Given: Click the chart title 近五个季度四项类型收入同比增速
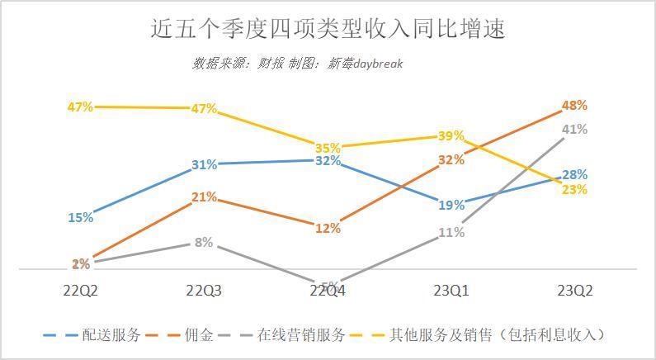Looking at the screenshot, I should coord(328,29).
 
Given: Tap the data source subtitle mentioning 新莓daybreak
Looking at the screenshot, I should coord(298,64).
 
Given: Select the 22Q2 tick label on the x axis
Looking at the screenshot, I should coord(81,291).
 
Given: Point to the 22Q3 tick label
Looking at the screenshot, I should coord(204,291).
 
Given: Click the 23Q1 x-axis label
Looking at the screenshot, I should coord(451,291).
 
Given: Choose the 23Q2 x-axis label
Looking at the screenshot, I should coord(574,291).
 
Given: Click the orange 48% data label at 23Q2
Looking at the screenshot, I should coord(574,106).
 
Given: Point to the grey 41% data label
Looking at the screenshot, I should coord(574,130).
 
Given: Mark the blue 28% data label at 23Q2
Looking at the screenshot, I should coord(574,175).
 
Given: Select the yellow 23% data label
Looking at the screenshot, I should coord(574,190).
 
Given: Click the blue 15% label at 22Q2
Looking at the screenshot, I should coord(81,218).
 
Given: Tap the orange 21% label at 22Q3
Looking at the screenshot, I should coord(204,197).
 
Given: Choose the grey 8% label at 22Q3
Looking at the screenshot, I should coord(204,243).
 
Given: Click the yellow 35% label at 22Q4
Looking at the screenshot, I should coord(328,147).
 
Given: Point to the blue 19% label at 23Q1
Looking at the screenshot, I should coord(451,205).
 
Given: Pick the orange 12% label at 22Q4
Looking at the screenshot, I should coord(328,228).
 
